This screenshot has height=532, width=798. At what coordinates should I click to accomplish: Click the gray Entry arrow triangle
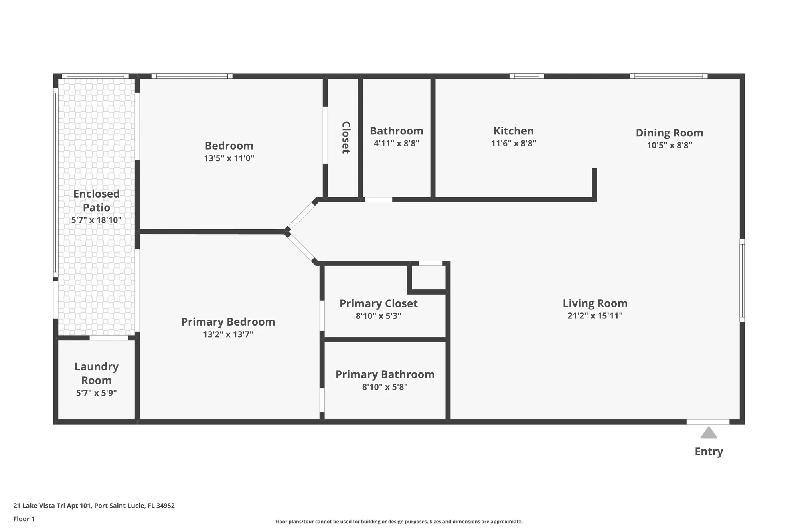pos(709,433)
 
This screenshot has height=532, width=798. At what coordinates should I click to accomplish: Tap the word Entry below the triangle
pos(709,451)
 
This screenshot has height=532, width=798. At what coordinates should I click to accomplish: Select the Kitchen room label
pos(514,131)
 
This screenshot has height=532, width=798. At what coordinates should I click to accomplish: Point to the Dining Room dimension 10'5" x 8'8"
pos(670,145)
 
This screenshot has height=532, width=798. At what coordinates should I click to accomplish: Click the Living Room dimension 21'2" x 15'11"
pos(595,316)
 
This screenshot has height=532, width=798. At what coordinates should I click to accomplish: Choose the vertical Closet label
pos(346,137)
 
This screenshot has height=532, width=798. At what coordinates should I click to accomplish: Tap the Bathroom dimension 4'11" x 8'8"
pos(396,143)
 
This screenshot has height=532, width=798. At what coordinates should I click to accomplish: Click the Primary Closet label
pos(378,303)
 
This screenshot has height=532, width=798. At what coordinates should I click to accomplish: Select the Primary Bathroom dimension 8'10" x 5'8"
pos(385,387)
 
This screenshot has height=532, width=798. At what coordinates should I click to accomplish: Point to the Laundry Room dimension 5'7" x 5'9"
pos(96,393)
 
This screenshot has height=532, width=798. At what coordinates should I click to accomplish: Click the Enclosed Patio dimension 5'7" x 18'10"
pos(96,220)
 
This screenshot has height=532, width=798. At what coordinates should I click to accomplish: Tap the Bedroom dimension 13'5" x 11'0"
pos(229,158)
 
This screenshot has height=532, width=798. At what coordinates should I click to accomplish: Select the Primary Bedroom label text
pos(228,322)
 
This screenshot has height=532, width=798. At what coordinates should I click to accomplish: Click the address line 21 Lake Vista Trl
pos(94,506)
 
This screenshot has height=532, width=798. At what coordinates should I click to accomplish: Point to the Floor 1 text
pos(24,519)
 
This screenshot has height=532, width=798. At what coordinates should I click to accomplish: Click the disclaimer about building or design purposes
pos(399,522)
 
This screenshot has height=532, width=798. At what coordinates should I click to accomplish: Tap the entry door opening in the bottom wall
pos(708,422)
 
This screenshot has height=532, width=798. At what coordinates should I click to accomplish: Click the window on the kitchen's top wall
pos(527,76)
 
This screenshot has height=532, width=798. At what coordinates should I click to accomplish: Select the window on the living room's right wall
pos(742,281)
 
